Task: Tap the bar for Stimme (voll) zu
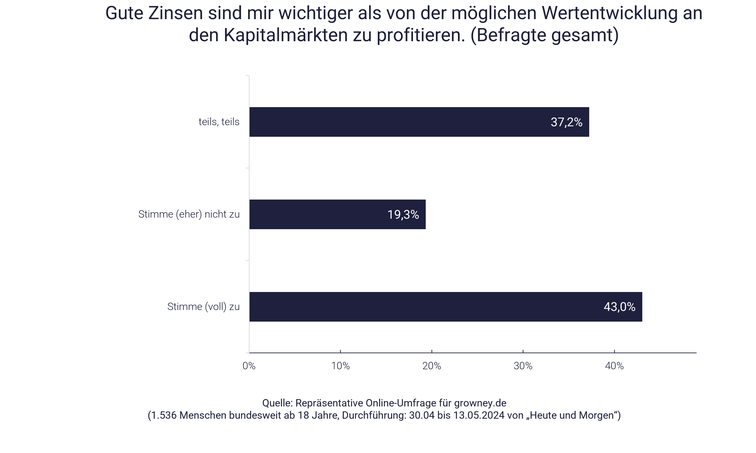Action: [x=446, y=307]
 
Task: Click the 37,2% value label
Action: [x=566, y=122]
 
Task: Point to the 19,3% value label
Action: [x=403, y=215]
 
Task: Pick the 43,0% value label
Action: [x=619, y=307]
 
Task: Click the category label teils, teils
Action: [x=219, y=122]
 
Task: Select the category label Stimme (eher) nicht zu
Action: [x=189, y=214]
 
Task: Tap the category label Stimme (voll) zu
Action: [x=203, y=306]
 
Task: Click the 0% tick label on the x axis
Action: [x=249, y=366]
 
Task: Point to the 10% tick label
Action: [x=340, y=366]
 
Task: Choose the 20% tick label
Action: [x=432, y=366]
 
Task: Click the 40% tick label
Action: [x=614, y=366]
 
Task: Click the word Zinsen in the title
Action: [x=176, y=13]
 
